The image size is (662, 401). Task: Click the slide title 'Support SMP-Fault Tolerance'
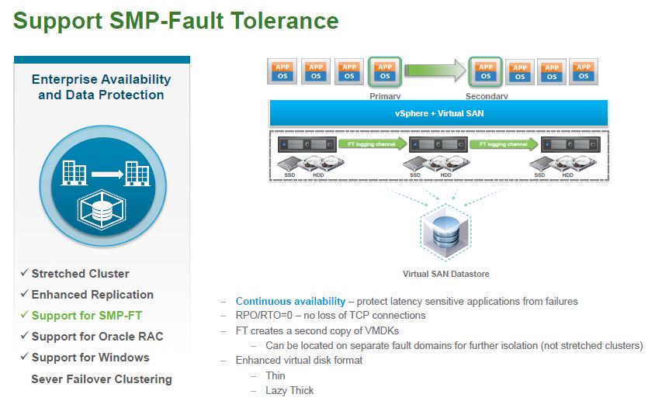click(176, 21)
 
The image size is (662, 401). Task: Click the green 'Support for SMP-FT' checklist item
click(86, 316)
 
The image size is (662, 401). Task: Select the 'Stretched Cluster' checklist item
click(80, 274)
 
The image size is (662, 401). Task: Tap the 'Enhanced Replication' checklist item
click(92, 295)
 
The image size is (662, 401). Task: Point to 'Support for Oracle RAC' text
click(97, 337)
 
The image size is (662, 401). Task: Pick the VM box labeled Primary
click(383, 72)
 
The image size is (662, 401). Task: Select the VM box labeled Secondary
click(486, 72)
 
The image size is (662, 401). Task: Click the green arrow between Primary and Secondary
click(435, 71)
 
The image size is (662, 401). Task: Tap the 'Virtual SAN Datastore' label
click(445, 274)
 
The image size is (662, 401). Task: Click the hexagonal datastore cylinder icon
click(445, 232)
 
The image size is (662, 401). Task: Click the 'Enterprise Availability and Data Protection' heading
click(101, 87)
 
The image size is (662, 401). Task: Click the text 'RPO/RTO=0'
click(263, 316)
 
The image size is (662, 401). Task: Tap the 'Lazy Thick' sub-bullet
click(289, 390)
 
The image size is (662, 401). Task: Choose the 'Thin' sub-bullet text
click(276, 375)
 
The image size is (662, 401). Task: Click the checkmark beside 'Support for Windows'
click(24, 358)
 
